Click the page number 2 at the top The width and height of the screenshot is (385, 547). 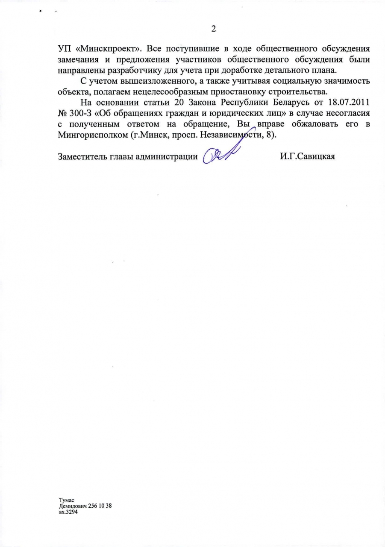point(214,29)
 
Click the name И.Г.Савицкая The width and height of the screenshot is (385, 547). point(307,156)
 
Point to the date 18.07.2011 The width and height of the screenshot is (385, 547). point(347,103)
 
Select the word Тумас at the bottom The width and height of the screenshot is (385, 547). point(67,500)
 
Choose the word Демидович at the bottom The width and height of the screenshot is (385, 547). point(73,506)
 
